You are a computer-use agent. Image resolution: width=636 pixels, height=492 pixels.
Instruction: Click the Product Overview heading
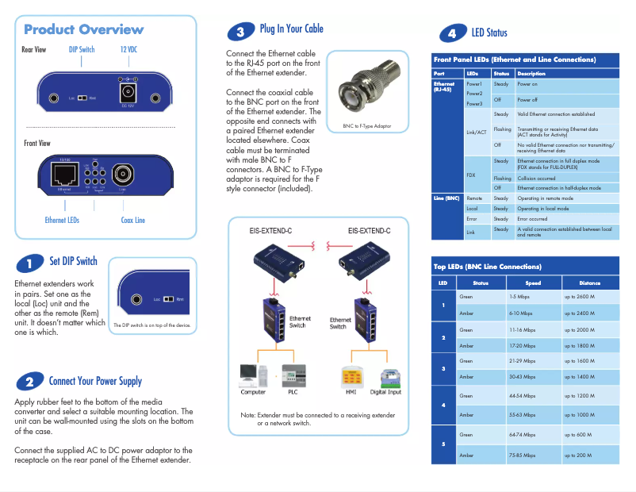(x=84, y=30)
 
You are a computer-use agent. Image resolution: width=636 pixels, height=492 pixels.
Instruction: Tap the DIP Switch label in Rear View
(x=82, y=49)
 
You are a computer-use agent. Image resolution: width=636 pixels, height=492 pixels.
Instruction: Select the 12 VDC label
(x=128, y=49)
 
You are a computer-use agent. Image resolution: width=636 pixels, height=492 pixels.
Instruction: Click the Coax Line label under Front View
(x=132, y=220)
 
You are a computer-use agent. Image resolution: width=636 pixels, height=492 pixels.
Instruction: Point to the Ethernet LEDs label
(x=62, y=220)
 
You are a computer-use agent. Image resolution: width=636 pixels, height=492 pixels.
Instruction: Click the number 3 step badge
(x=240, y=32)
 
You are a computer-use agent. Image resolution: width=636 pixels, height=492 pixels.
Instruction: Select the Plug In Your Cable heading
(x=291, y=29)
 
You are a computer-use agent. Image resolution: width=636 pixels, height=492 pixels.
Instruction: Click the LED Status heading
(x=488, y=33)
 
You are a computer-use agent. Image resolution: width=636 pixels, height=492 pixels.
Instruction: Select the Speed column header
(x=533, y=283)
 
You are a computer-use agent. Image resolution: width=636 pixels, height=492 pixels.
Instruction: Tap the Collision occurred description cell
(x=536, y=179)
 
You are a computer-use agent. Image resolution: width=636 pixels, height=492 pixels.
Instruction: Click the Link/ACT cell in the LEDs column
(x=476, y=132)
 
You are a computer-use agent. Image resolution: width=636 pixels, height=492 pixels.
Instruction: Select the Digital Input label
(x=385, y=392)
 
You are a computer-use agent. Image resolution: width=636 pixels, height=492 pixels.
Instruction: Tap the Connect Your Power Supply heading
(x=95, y=382)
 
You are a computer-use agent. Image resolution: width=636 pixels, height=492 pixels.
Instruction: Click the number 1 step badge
(x=29, y=263)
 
